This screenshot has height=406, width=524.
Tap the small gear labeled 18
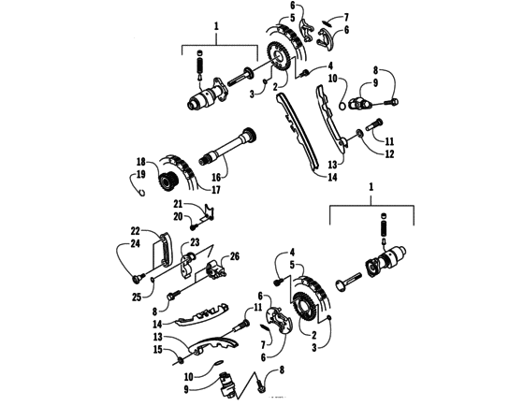pos(170,181)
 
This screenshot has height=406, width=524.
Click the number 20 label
pos(176,215)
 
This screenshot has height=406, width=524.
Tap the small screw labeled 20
pos(192,223)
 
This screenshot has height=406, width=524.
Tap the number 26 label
pos(235,256)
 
